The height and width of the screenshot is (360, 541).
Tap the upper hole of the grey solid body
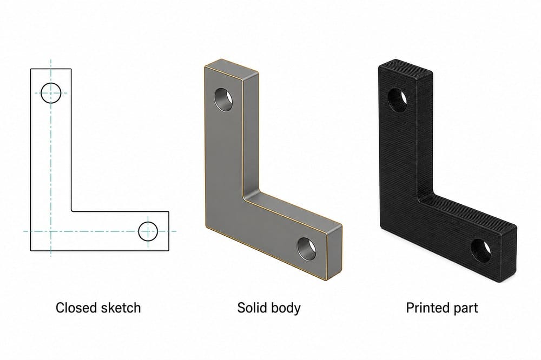coord(223,99)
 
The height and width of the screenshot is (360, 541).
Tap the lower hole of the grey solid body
coord(307,249)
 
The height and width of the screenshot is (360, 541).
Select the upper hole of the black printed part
coord(398,100)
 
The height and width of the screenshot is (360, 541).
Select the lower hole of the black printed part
coord(481,250)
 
